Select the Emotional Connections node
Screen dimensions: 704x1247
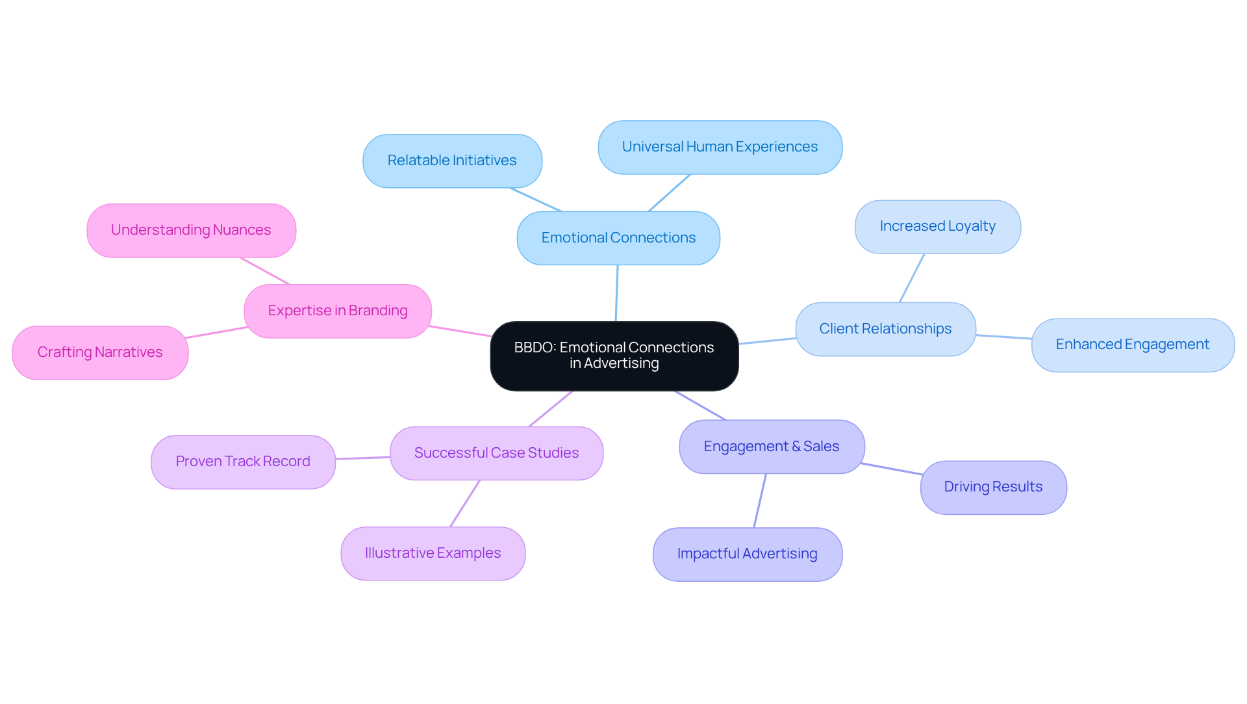(x=618, y=238)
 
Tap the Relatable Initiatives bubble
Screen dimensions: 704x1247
(x=452, y=161)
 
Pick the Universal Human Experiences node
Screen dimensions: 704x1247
(x=720, y=147)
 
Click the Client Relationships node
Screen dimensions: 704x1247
(x=885, y=329)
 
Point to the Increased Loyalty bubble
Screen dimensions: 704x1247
(x=937, y=226)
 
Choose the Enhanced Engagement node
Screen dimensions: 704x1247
(x=1132, y=345)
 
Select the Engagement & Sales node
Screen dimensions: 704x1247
(x=771, y=447)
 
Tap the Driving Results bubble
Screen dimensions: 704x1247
(x=992, y=487)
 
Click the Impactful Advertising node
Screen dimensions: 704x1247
(x=747, y=554)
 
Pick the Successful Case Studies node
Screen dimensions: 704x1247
(x=496, y=453)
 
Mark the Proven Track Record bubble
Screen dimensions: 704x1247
(x=243, y=462)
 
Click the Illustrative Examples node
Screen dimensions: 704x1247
(x=433, y=553)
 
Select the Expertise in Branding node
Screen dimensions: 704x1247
(x=338, y=311)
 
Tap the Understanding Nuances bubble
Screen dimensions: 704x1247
(x=191, y=230)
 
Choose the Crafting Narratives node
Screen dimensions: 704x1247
(x=100, y=352)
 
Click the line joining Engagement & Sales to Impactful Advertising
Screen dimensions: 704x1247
(x=760, y=501)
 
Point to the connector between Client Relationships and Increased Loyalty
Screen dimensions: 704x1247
(x=912, y=278)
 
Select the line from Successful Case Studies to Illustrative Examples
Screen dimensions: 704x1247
(x=465, y=503)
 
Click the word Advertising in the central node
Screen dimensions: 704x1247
(x=621, y=363)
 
